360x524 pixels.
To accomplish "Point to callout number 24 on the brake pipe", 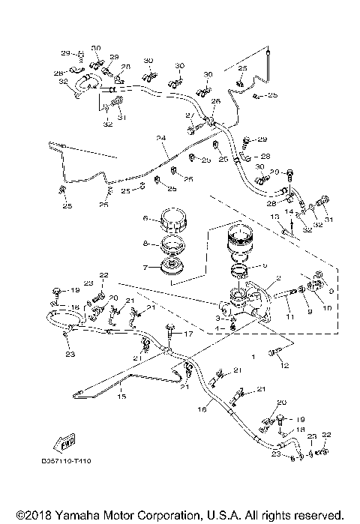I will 160,138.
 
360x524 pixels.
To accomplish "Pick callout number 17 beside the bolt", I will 190,334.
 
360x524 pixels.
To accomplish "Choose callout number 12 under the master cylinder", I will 284,365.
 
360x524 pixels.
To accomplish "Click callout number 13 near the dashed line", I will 274,216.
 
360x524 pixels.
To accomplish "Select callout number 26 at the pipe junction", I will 215,101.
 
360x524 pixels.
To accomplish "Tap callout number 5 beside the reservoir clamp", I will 264,265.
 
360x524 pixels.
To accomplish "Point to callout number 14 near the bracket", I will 287,212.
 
